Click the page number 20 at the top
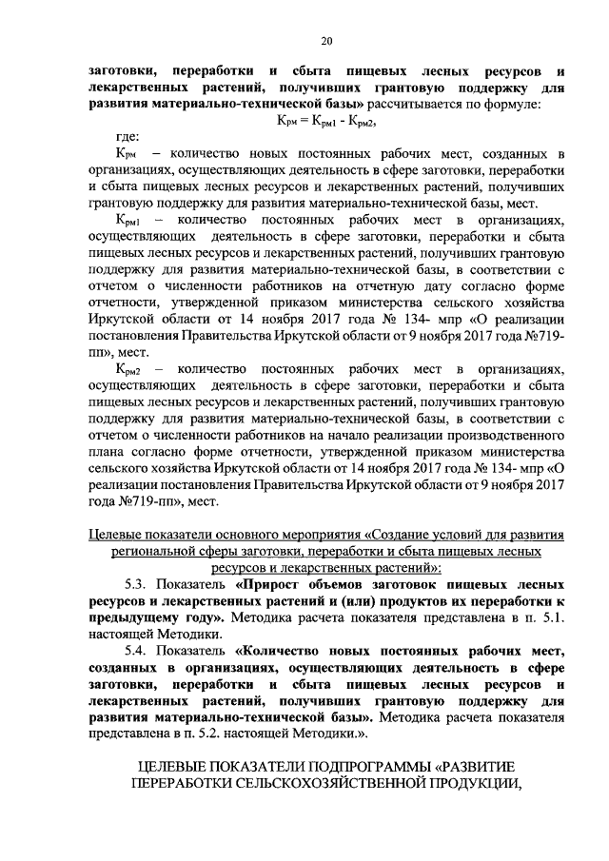(324, 40)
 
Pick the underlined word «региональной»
(158, 551)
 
